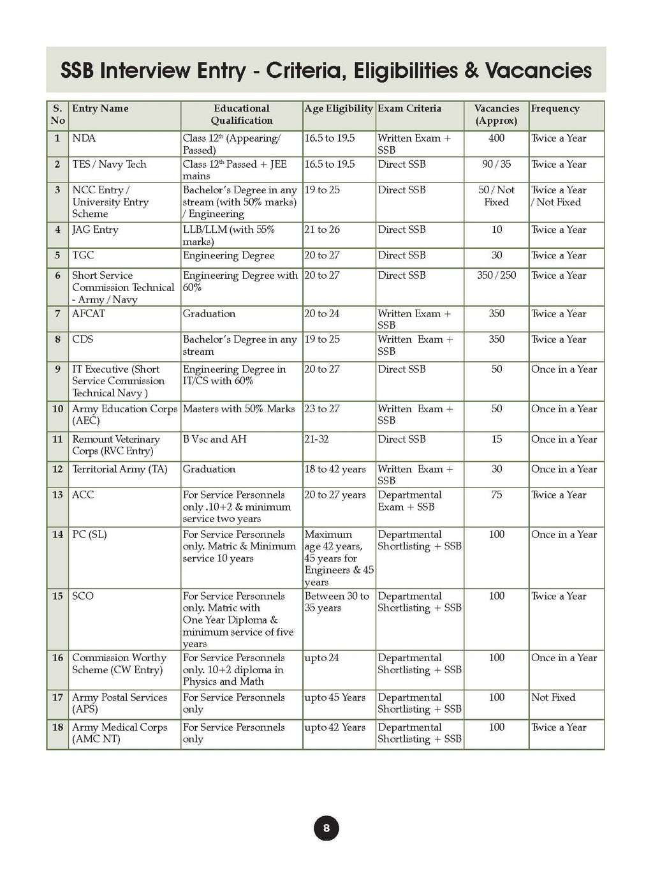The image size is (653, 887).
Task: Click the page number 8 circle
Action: point(326,828)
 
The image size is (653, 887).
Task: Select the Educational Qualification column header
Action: point(242,114)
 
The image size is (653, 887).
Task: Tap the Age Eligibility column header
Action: point(339,108)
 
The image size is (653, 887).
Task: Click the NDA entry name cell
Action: point(84,138)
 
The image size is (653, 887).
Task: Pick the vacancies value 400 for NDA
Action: point(496,138)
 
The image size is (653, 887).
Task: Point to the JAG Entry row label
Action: point(95,230)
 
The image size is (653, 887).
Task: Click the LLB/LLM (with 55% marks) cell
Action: point(228,235)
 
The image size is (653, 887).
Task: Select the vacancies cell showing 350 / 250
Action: point(496,276)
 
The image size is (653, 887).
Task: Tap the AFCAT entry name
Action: point(89,314)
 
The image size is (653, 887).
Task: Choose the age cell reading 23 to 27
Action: point(322,409)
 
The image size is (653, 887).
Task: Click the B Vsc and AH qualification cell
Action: point(214,439)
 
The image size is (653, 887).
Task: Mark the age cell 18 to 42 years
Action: point(335,469)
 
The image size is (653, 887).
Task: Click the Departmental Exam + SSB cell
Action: point(409,501)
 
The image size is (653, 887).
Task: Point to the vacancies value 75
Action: point(496,495)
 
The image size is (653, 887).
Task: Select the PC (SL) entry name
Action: point(89,534)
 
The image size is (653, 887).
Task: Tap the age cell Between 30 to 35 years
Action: point(337,602)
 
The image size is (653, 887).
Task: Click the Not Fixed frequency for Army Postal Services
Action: point(553,697)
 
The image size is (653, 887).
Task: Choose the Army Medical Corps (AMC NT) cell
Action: point(119,733)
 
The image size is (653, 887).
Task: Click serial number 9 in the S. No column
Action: point(57,369)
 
